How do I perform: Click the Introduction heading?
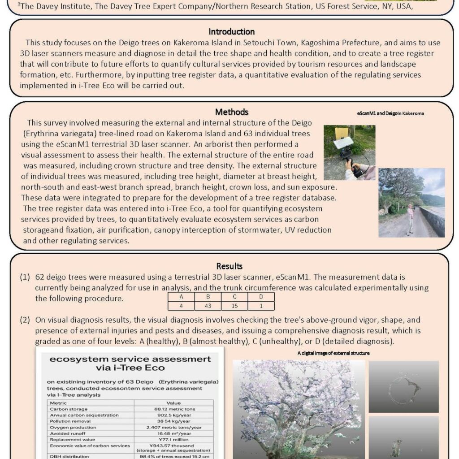[x=231, y=32]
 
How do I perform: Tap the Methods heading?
[x=231, y=112]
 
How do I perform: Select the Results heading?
[x=229, y=266]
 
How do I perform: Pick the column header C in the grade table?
[x=234, y=297]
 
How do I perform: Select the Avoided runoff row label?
[x=67, y=433]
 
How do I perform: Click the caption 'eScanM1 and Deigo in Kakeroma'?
[x=390, y=114]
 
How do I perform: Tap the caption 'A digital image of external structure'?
[x=333, y=353]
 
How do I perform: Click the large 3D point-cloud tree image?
[x=298, y=408]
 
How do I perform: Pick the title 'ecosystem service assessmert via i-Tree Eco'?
[x=130, y=364]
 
